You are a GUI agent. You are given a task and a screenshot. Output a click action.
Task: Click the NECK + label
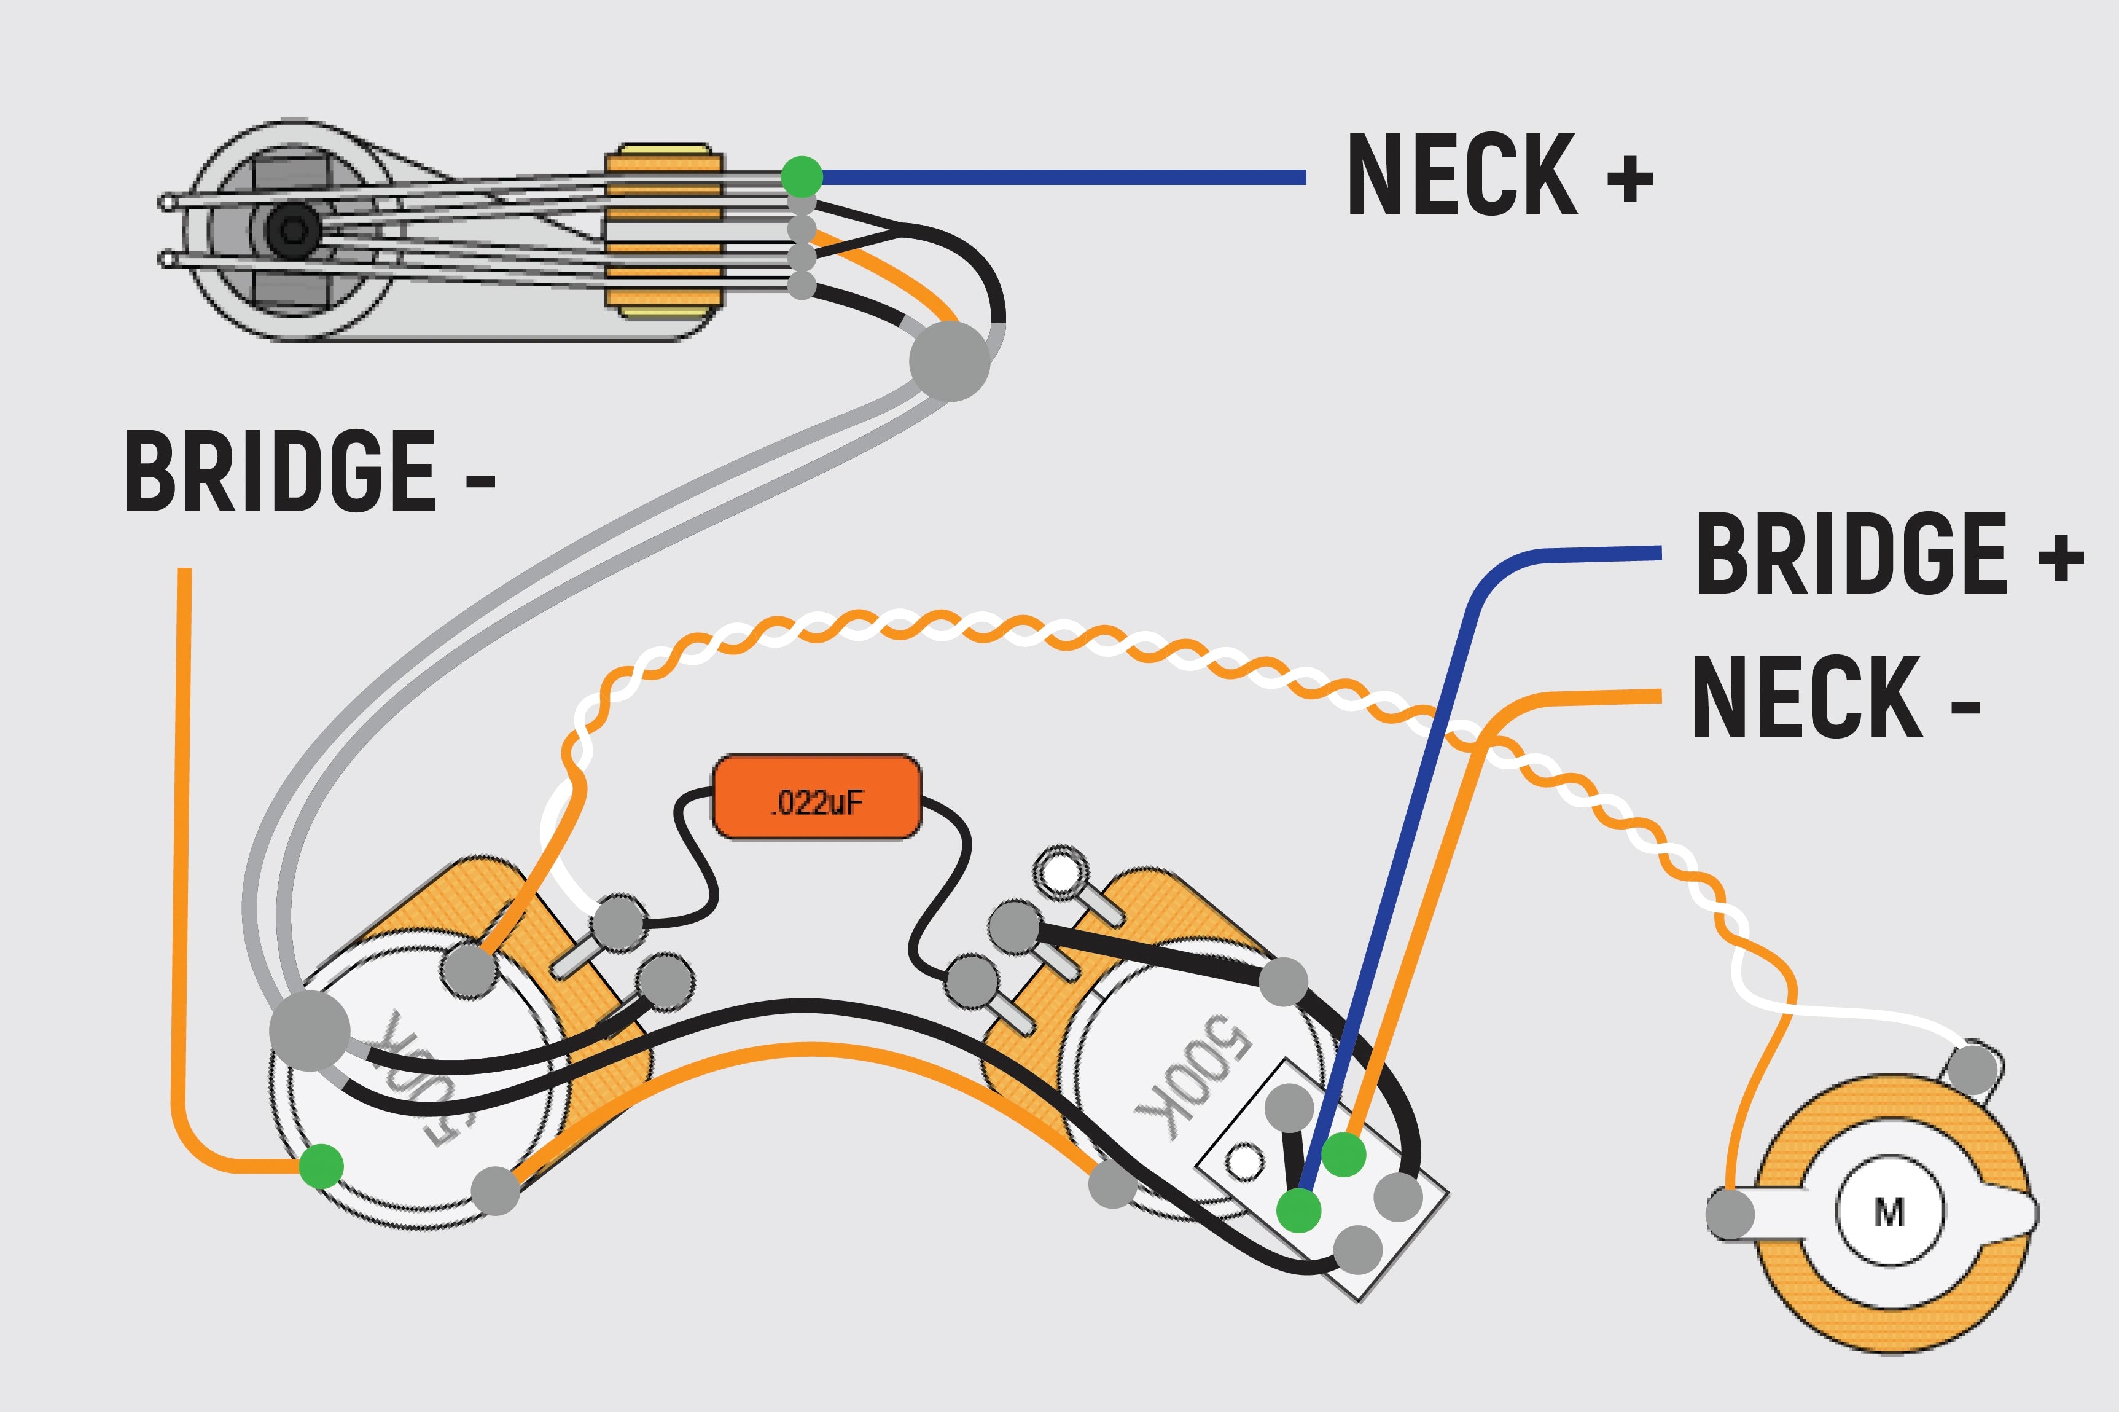click(1499, 176)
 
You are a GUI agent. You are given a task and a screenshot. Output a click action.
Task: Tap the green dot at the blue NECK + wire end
click(801, 176)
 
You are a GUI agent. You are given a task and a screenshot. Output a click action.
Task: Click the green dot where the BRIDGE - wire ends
click(321, 1166)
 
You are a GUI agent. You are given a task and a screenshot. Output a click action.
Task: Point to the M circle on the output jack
click(1889, 1213)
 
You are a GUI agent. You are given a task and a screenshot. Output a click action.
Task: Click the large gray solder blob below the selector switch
click(950, 361)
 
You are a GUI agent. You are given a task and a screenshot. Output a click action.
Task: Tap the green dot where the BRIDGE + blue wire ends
click(1298, 1209)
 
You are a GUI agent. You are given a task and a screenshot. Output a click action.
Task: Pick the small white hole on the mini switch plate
click(1245, 1162)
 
